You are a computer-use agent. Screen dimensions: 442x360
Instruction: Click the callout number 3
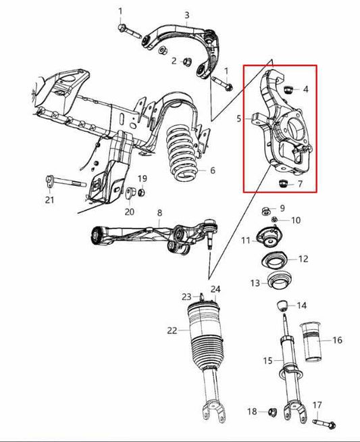pos(187,15)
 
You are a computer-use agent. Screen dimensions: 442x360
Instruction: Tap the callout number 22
pos(172,330)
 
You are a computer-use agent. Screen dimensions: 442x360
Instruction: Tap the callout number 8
pos(159,214)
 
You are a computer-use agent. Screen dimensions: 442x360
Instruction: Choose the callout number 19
pos(143,178)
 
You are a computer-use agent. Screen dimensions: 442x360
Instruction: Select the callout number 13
pos(254,283)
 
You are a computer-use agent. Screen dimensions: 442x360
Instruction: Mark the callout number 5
pos(238,119)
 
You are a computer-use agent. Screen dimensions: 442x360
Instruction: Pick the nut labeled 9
pos(267,208)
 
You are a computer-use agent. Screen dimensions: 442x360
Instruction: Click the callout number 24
pos(215,290)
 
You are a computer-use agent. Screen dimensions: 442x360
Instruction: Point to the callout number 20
pos(130,211)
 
